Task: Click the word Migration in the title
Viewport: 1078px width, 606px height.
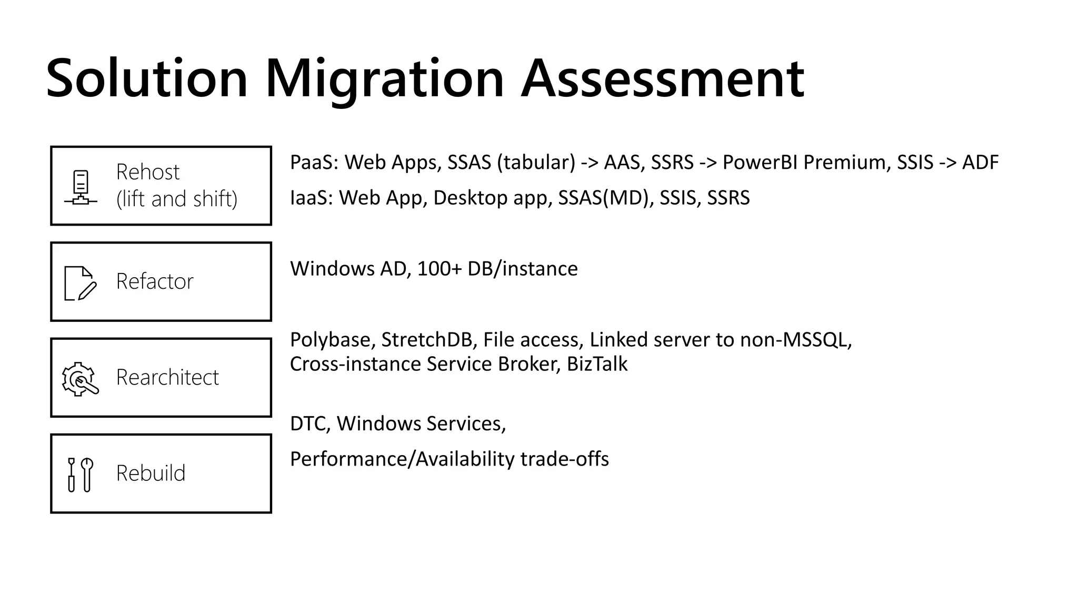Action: click(x=384, y=79)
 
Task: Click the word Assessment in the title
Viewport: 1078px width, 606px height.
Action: click(x=662, y=79)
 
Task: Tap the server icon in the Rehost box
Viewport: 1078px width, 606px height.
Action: click(x=81, y=187)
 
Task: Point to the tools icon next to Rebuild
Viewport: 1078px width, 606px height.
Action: click(x=80, y=474)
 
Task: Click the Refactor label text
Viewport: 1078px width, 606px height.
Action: click(x=155, y=281)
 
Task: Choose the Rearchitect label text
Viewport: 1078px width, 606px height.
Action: click(x=167, y=377)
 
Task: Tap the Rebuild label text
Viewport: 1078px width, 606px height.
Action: click(x=151, y=473)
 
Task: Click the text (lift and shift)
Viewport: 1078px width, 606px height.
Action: click(x=177, y=199)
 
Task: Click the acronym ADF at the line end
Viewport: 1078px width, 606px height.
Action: click(x=980, y=163)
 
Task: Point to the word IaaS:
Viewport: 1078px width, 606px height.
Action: click(x=311, y=198)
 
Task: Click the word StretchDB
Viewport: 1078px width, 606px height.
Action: click(x=426, y=340)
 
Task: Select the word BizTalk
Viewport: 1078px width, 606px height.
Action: click(x=597, y=364)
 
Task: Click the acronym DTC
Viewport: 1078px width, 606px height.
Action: click(x=310, y=423)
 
